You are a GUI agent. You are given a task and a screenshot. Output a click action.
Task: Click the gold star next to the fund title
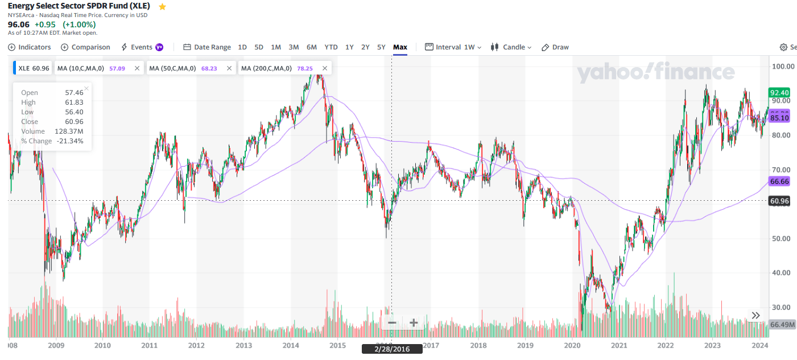163,7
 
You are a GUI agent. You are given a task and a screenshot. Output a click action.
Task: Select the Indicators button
30,47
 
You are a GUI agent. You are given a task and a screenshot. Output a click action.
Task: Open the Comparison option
85,47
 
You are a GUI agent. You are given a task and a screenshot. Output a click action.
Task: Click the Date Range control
207,47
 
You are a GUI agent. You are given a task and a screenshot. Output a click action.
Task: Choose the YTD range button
331,47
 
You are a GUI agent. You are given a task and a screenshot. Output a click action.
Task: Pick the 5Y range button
381,47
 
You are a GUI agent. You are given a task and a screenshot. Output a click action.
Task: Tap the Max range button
400,47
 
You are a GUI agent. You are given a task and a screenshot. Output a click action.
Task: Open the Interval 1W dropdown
453,47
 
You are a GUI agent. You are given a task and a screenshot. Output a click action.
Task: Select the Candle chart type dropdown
511,47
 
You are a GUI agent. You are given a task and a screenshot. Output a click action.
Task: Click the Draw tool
555,47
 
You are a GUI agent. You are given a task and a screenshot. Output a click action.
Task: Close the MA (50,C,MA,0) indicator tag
229,68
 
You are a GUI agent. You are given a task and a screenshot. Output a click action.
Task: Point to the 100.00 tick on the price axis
783,67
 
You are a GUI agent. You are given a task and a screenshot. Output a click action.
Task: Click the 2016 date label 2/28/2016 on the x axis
392,349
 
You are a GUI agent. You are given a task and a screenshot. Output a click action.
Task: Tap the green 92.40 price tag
779,93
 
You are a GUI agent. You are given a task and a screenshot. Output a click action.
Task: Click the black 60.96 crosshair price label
779,201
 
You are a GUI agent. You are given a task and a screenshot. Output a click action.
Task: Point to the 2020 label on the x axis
572,345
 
